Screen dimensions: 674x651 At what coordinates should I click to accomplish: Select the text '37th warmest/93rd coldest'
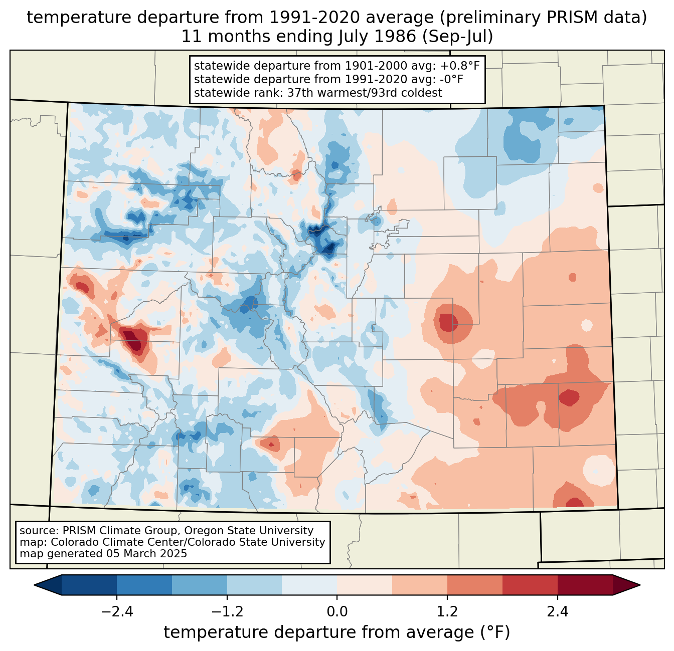click(x=365, y=93)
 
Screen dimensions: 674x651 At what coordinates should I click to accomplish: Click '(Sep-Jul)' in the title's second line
click(x=457, y=37)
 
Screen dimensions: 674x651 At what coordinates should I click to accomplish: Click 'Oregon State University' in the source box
click(x=249, y=531)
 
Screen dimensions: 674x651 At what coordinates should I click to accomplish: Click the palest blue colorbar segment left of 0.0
click(x=309, y=585)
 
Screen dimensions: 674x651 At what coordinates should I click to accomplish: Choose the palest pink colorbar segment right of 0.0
click(x=365, y=585)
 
